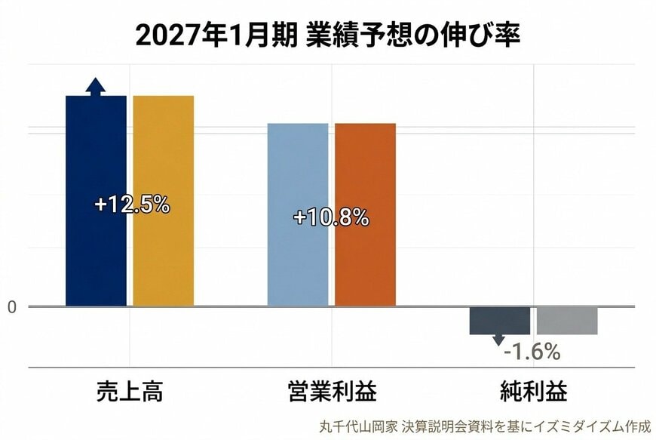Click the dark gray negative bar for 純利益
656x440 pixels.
499,321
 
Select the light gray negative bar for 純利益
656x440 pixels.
567,321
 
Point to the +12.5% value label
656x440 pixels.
132,204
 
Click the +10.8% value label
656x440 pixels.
331,218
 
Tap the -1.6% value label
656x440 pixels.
532,352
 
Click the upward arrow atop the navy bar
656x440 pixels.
96,86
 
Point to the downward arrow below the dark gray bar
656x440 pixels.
498,340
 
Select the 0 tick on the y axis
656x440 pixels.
11,306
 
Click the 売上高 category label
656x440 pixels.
130,392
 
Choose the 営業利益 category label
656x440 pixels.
332,392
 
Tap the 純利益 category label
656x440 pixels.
534,392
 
